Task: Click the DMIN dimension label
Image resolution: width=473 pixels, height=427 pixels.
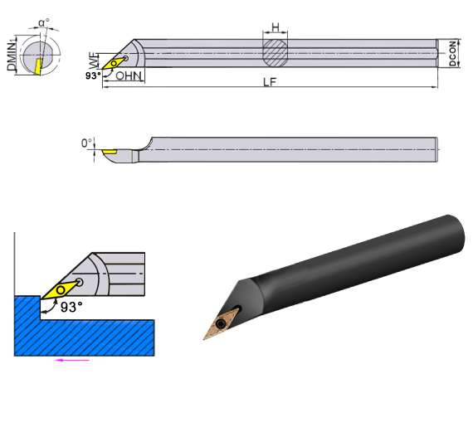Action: tap(11, 55)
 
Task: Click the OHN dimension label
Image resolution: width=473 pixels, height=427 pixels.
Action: tap(129, 75)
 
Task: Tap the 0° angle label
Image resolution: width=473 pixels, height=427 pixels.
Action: tap(87, 143)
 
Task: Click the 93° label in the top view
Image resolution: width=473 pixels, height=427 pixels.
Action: tap(93, 75)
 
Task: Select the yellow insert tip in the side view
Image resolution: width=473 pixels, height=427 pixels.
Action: tap(110, 152)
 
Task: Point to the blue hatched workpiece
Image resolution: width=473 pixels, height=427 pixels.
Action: tap(83, 332)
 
